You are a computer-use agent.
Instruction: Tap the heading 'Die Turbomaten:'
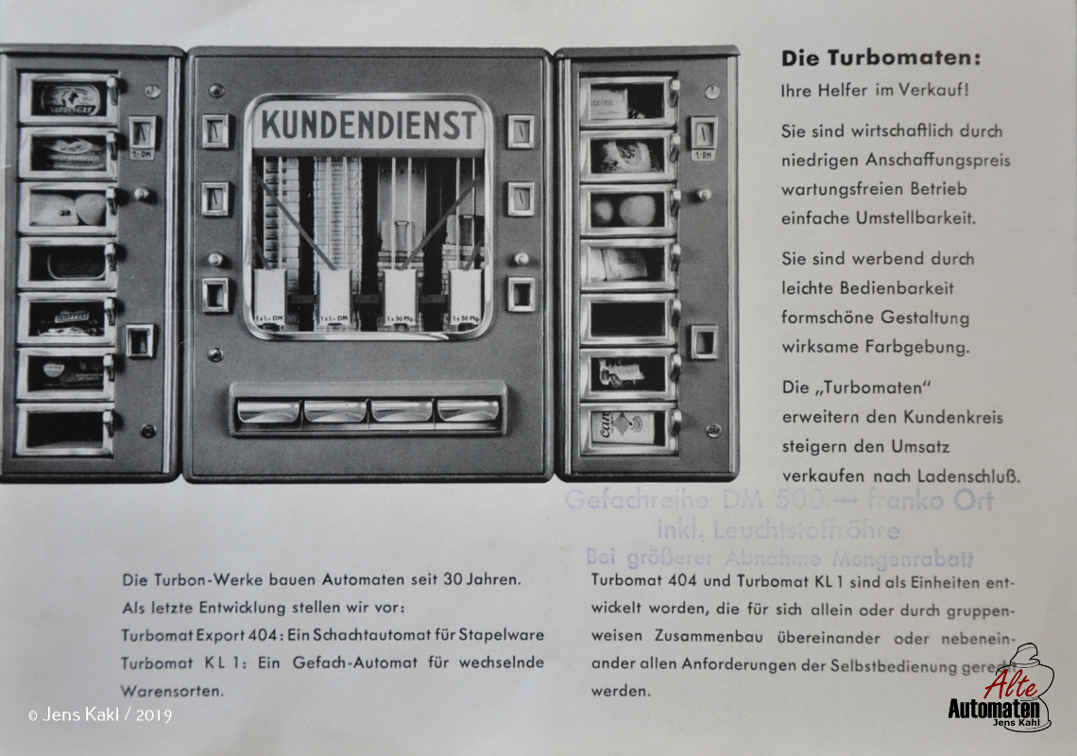point(880,59)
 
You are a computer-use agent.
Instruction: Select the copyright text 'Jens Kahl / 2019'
point(107,715)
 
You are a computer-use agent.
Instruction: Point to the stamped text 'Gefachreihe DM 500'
point(698,500)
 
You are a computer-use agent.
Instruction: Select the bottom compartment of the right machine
point(627,428)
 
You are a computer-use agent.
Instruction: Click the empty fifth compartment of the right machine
point(627,318)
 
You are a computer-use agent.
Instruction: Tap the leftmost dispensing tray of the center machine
point(267,411)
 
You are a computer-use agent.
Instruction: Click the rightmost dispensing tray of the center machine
point(468,411)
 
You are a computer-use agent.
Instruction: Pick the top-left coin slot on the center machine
point(215,131)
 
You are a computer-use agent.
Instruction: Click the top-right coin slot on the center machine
point(520,131)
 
